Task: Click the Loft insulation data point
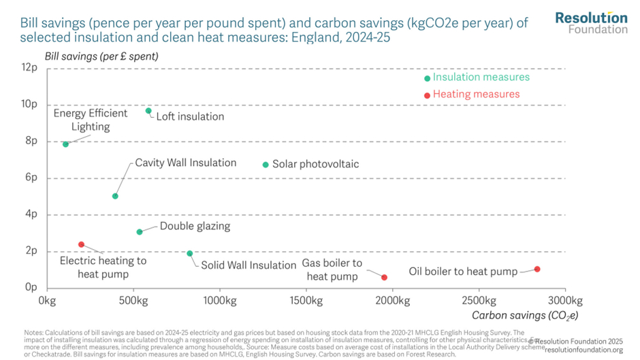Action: click(x=148, y=111)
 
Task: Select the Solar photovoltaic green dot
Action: click(x=266, y=165)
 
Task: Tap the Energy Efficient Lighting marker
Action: click(x=65, y=144)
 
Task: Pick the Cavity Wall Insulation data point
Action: click(x=115, y=196)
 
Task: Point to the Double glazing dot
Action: click(x=140, y=232)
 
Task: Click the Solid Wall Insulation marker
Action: click(x=189, y=254)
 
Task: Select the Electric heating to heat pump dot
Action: click(x=82, y=244)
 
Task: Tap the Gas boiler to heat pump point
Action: click(x=385, y=278)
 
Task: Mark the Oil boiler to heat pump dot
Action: click(x=537, y=269)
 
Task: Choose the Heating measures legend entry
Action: click(x=476, y=95)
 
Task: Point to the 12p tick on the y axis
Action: click(x=29, y=68)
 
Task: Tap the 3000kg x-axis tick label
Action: click(x=565, y=299)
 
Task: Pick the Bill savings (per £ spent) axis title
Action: click(x=101, y=56)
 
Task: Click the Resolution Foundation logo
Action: click(x=590, y=22)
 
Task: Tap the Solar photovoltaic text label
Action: click(x=315, y=165)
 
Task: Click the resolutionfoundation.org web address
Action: click(x=583, y=350)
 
